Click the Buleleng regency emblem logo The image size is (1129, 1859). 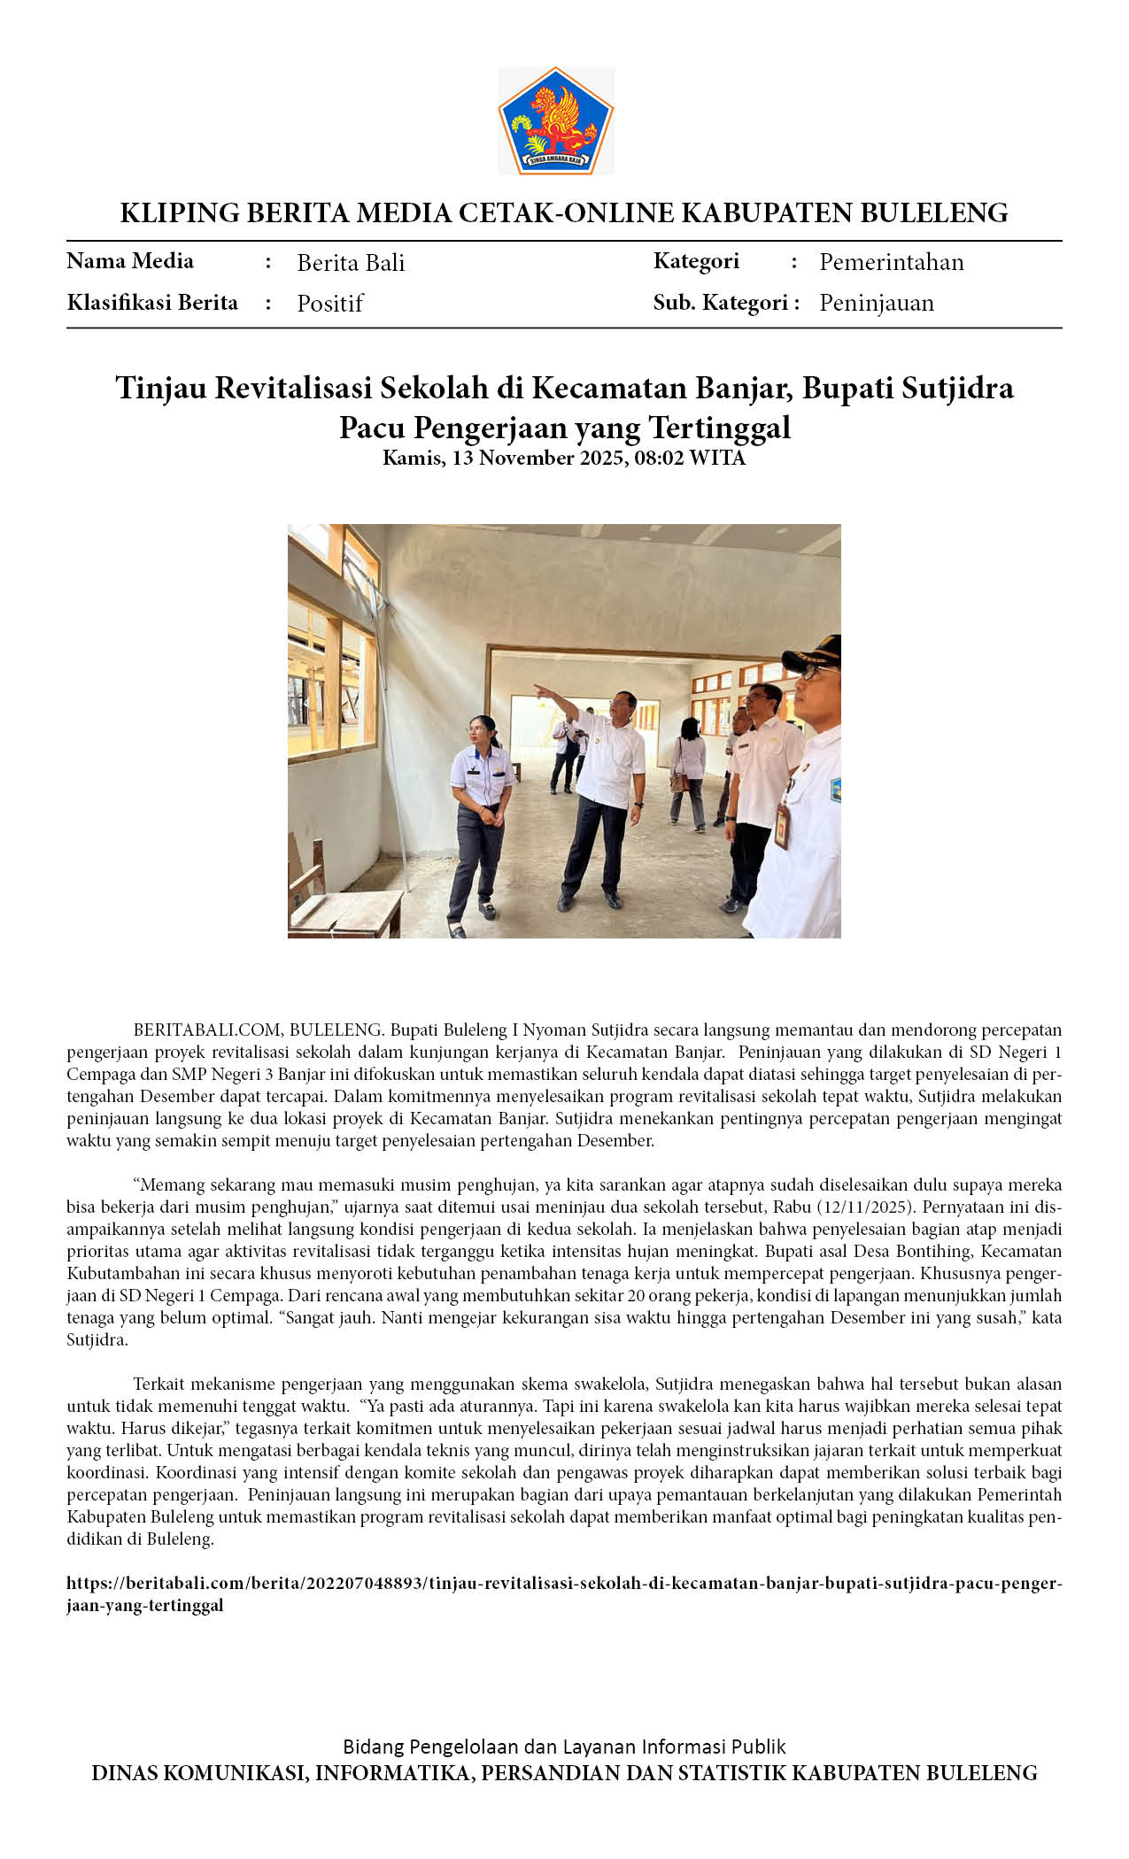[x=556, y=121]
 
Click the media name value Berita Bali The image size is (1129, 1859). [x=351, y=263]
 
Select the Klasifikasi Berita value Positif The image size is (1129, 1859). [x=330, y=304]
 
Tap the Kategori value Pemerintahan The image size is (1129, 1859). [x=891, y=262]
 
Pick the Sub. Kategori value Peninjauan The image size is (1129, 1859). [x=876, y=303]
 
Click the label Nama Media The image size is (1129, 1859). [x=130, y=261]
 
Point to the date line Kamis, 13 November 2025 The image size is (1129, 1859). [x=564, y=458]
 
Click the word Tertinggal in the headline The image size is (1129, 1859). [x=719, y=428]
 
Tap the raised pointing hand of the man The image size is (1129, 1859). [x=539, y=688]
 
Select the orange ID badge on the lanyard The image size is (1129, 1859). [x=782, y=825]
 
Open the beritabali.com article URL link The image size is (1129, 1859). [x=564, y=1584]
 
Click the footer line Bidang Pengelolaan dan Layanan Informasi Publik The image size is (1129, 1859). [x=564, y=1747]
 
